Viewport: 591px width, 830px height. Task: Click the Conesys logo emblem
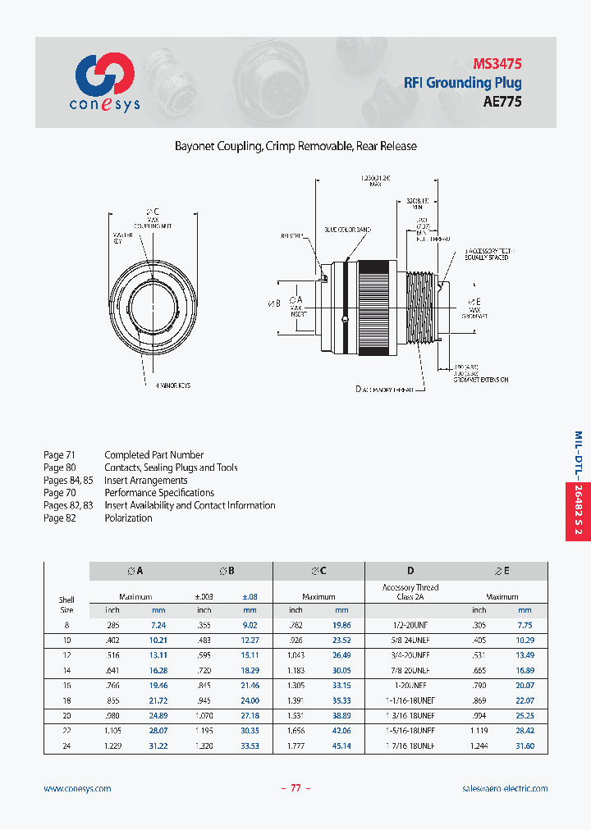click(105, 75)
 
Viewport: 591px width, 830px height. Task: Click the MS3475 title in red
click(497, 63)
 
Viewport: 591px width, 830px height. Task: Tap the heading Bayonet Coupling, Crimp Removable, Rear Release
click(295, 146)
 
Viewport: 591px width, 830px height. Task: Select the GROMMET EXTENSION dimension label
click(481, 380)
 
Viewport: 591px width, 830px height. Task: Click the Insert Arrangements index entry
click(146, 480)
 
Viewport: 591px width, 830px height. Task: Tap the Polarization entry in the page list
click(128, 518)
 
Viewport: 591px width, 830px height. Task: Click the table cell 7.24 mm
click(158, 625)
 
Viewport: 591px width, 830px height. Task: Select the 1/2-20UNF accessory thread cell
click(410, 625)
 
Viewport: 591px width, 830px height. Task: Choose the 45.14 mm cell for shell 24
click(341, 746)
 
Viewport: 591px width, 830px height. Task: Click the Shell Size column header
click(66, 604)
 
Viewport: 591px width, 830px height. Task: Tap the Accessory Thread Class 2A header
click(410, 592)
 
